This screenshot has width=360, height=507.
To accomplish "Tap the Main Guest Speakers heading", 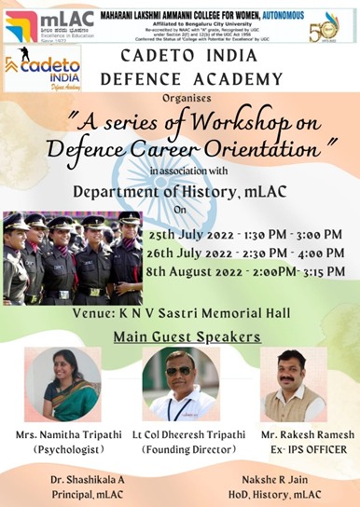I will point(180,336).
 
